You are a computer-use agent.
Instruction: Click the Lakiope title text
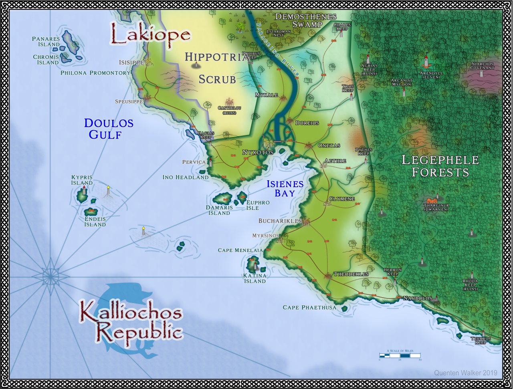150,34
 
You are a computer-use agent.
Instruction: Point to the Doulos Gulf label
108,129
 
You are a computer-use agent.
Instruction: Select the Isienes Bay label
285,189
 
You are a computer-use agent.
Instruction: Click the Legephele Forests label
440,166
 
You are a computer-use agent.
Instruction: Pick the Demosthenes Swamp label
306,20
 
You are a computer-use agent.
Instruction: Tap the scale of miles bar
400,355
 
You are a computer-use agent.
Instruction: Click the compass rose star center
50,276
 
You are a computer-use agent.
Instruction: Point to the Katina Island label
254,278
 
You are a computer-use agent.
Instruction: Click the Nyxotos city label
258,153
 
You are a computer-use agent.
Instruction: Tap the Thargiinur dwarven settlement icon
431,200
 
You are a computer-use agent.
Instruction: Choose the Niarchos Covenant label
483,66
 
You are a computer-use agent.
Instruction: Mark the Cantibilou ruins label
230,110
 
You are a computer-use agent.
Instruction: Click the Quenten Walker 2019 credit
465,373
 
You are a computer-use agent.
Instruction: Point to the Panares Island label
46,42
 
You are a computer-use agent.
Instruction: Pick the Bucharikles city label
280,221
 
